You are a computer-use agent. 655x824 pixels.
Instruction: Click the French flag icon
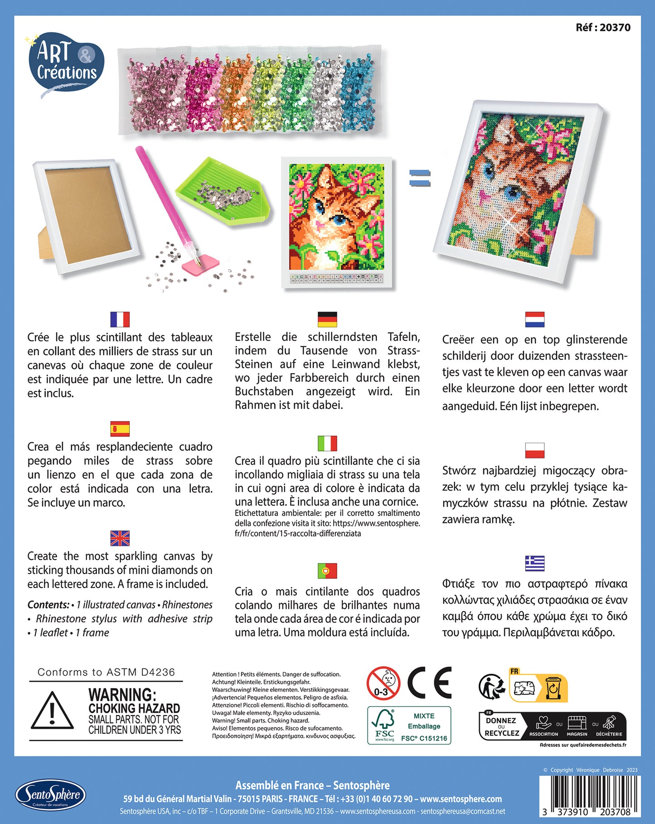[120, 319]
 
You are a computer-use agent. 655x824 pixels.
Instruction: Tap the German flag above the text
[327, 319]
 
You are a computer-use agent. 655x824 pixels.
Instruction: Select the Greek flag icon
[535, 563]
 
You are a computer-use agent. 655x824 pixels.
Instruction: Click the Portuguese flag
[327, 571]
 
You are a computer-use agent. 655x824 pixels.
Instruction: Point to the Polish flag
[535, 450]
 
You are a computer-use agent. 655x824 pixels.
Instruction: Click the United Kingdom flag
[120, 538]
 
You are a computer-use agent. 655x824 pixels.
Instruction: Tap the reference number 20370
[603, 28]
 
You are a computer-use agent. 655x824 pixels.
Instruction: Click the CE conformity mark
[430, 683]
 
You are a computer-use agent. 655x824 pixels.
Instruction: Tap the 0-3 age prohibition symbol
[383, 683]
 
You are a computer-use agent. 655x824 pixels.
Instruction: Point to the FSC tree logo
[383, 725]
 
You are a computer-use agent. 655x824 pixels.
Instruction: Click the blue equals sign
[419, 178]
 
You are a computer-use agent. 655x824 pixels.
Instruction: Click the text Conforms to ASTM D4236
[106, 672]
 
